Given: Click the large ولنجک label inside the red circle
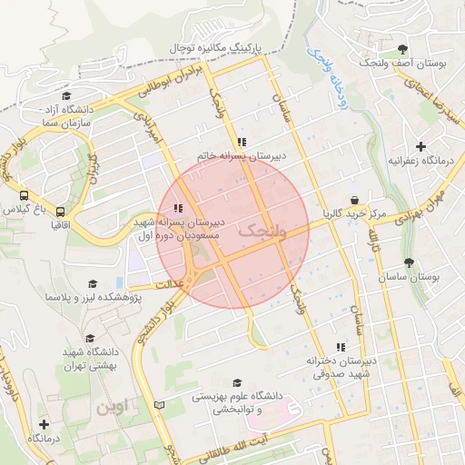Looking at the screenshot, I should (262, 232).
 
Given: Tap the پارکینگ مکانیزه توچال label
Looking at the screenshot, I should (216, 46).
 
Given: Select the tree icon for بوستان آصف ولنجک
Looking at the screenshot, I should (402, 47).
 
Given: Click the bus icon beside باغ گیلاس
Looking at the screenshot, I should (23, 194).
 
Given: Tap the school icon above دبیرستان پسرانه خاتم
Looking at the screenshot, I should (242, 142).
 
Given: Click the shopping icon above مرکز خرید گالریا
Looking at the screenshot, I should (353, 201).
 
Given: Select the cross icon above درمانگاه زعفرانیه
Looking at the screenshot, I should (420, 145).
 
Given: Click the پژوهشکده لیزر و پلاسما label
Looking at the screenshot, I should (96, 296).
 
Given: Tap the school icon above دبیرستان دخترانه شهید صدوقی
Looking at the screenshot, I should (341, 346).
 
